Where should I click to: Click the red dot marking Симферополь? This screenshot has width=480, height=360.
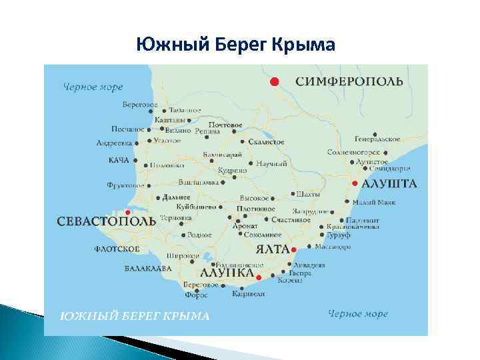(x=273, y=81)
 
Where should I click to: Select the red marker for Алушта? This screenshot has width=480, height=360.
(x=355, y=183)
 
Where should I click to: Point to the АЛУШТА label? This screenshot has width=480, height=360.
(x=389, y=183)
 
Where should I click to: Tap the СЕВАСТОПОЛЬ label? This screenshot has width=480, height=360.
(x=107, y=221)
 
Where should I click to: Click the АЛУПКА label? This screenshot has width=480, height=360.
(x=227, y=273)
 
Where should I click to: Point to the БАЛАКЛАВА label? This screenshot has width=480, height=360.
(x=148, y=269)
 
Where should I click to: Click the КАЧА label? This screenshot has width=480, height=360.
(x=119, y=160)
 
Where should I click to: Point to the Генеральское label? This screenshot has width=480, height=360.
(x=377, y=139)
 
